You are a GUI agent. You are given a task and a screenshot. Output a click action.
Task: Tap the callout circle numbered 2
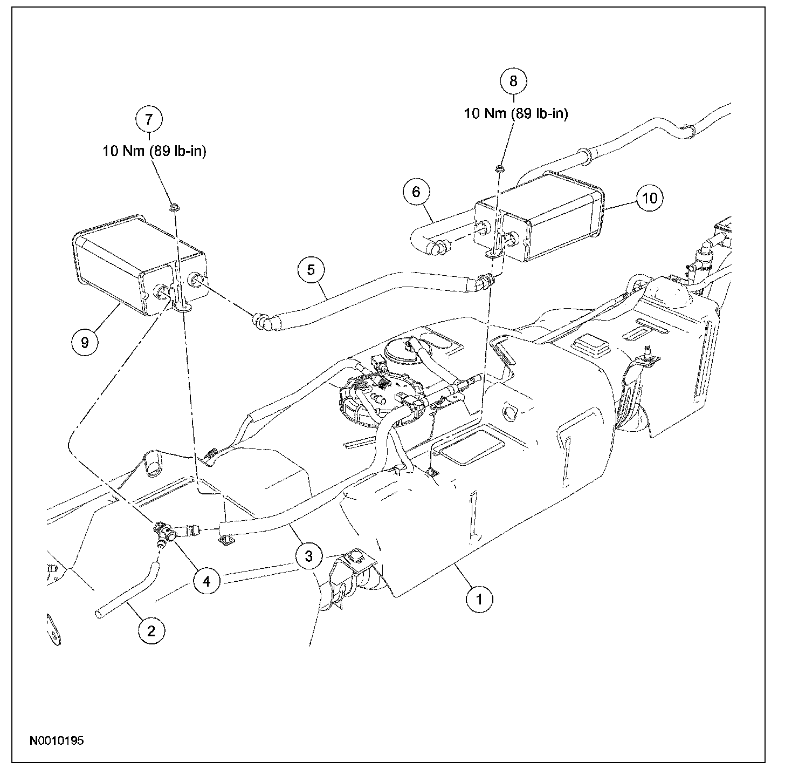pos(150,630)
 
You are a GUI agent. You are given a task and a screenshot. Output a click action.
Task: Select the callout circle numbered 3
pos(308,556)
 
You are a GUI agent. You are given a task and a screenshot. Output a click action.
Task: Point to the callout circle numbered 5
pos(311,269)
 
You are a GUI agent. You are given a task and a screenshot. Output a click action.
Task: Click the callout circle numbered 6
pos(421,193)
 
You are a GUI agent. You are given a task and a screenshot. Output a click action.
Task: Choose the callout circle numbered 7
pos(149,119)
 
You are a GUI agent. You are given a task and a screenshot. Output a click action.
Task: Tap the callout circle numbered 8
pos(513,81)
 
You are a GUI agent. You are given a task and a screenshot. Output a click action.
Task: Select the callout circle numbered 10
pos(650,198)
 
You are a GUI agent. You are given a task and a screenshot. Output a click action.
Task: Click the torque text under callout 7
pos(155,152)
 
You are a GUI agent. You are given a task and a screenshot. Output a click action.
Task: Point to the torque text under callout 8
pos(516,114)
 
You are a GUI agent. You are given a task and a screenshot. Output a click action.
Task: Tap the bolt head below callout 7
pos(174,207)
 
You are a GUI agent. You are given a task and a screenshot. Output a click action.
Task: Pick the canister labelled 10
pos(545,216)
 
